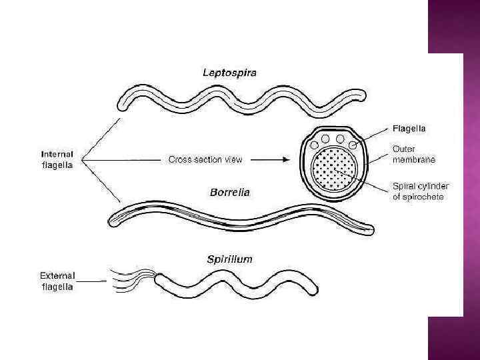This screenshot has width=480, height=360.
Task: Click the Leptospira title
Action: (229, 72)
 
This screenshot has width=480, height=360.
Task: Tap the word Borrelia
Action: (229, 193)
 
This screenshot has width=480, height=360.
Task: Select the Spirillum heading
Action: (229, 259)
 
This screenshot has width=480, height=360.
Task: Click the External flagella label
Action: (57, 281)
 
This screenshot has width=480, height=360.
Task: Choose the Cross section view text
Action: (205, 159)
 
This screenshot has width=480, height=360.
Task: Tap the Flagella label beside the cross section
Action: (410, 127)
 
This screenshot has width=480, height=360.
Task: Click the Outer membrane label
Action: (414, 155)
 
